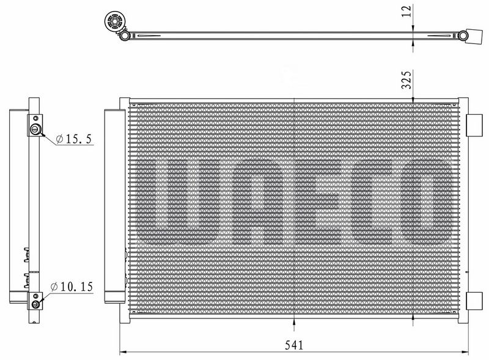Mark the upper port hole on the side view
tap(37, 129)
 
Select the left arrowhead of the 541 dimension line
tap(121, 352)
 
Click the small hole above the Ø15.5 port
tap(37, 117)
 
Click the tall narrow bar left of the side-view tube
tap(15, 205)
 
